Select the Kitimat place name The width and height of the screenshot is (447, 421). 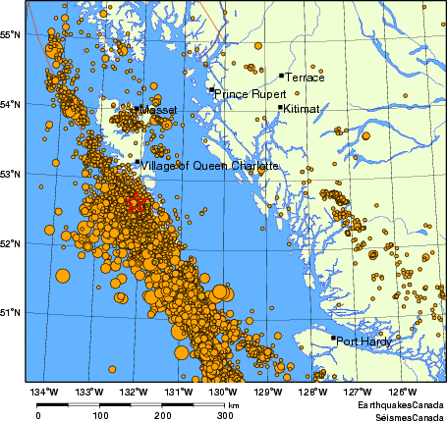click(x=301, y=110)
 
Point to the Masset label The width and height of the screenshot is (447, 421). click(x=158, y=111)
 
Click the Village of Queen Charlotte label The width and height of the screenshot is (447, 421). click(x=210, y=166)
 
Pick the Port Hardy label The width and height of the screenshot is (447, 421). click(x=363, y=342)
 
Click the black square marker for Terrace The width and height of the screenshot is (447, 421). click(x=281, y=75)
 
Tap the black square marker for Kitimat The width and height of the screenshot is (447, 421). click(x=281, y=108)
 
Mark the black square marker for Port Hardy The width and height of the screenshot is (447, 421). click(x=333, y=339)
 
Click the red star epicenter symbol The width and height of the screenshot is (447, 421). click(x=136, y=203)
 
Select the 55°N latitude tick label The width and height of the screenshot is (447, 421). click(x=11, y=34)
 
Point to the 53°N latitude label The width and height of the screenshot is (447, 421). click(x=11, y=174)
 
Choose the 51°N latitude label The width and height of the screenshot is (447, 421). click(x=11, y=312)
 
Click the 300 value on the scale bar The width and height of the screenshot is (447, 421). click(x=227, y=415)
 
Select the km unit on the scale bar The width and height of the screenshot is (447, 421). click(x=234, y=404)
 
